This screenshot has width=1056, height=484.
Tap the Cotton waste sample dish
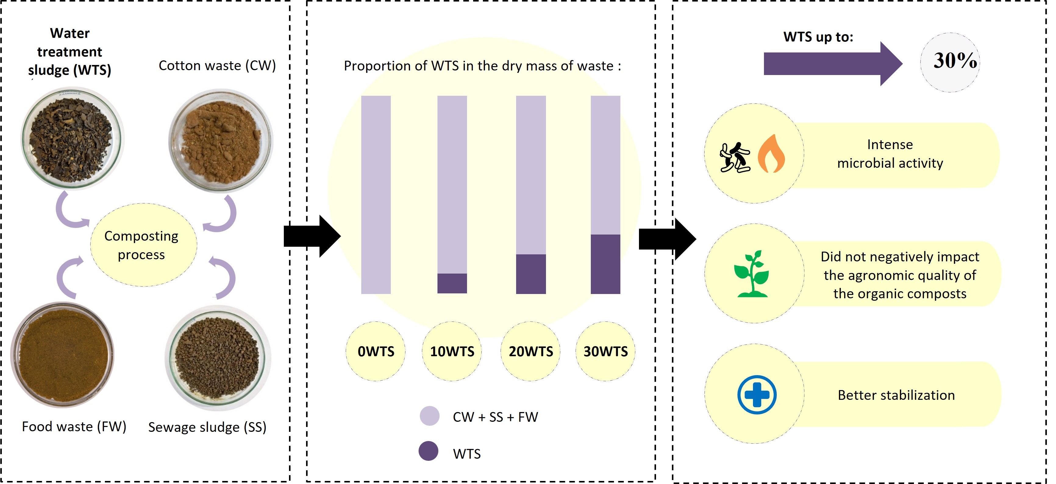220,141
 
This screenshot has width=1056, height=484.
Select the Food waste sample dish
62,354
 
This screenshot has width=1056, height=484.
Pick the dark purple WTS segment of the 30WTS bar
605,264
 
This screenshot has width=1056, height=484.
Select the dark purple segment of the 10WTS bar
452,283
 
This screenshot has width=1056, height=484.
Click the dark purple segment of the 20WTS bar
530,274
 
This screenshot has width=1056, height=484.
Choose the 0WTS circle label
376,352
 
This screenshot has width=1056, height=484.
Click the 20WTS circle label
530,352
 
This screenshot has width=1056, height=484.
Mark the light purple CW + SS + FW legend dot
429,416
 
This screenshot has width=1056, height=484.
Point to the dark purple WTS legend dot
428,451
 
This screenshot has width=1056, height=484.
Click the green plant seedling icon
751,274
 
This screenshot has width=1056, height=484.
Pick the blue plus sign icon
756,395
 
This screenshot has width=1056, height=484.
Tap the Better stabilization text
896,395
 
